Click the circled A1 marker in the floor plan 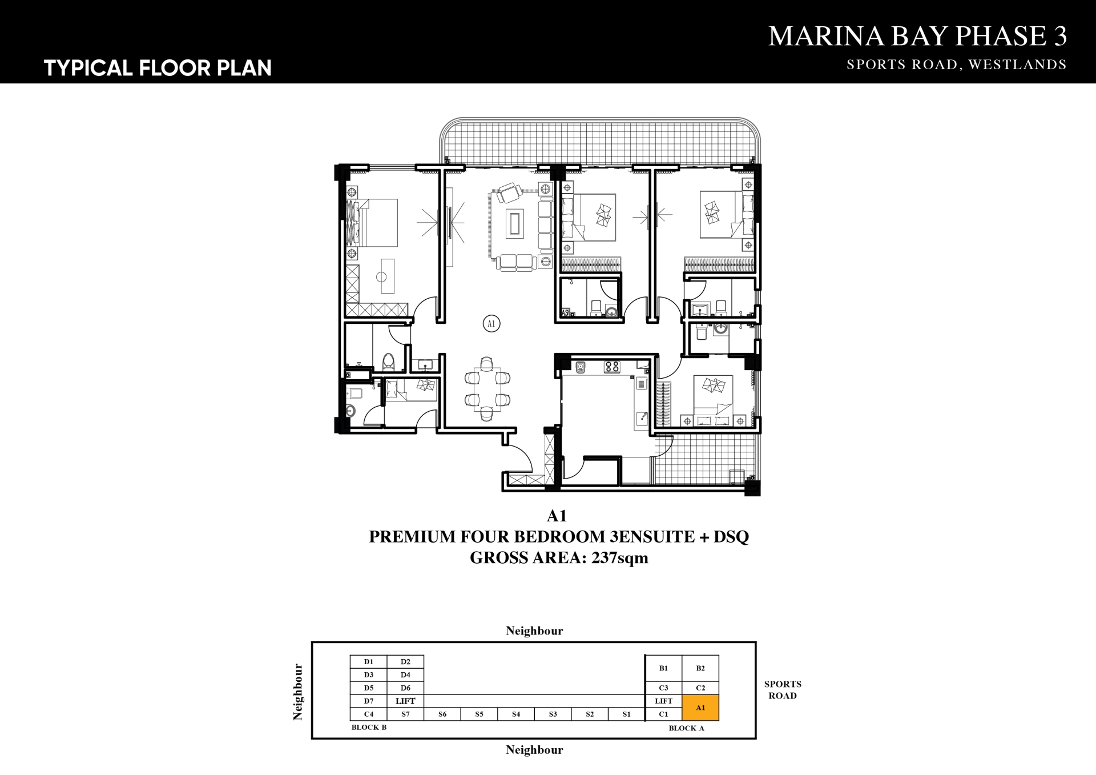coord(491,324)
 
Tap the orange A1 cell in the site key coord(700,708)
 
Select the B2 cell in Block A coord(700,668)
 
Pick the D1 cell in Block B coord(369,662)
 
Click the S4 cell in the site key coord(516,714)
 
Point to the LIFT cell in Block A coord(663,701)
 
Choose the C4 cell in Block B coord(369,714)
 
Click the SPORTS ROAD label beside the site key coord(783,690)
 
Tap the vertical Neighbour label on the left coord(297,692)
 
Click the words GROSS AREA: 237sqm coord(559,557)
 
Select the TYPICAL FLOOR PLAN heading coord(158,68)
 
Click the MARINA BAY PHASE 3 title coord(918,36)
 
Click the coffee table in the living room coord(514,223)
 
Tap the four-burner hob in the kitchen coord(612,367)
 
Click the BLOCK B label coord(369,728)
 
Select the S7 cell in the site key coord(405,714)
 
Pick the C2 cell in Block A coord(700,688)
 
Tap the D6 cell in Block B coord(405,688)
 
